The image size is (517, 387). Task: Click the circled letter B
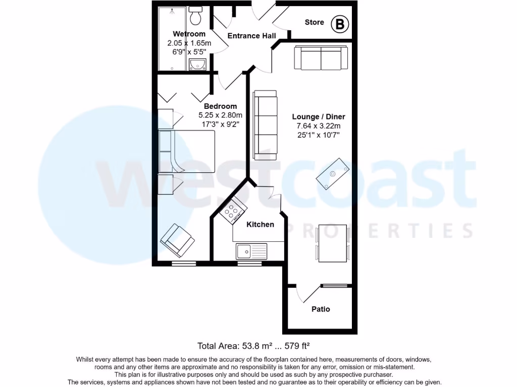pos(340,24)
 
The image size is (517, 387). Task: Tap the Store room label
pos(315,22)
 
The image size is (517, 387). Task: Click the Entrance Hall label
pos(251,36)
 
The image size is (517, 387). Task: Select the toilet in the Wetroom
pos(195,16)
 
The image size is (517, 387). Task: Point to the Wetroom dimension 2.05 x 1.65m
pos(189,43)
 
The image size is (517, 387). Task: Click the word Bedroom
pos(220,106)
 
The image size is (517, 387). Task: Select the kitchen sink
pos(251,250)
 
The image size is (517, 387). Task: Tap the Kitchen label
pos(260,224)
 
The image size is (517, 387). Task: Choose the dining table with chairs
pos(332,243)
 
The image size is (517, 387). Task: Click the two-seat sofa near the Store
pos(321,58)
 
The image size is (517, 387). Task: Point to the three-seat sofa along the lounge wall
pos(265,122)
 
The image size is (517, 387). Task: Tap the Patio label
pos(321,309)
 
